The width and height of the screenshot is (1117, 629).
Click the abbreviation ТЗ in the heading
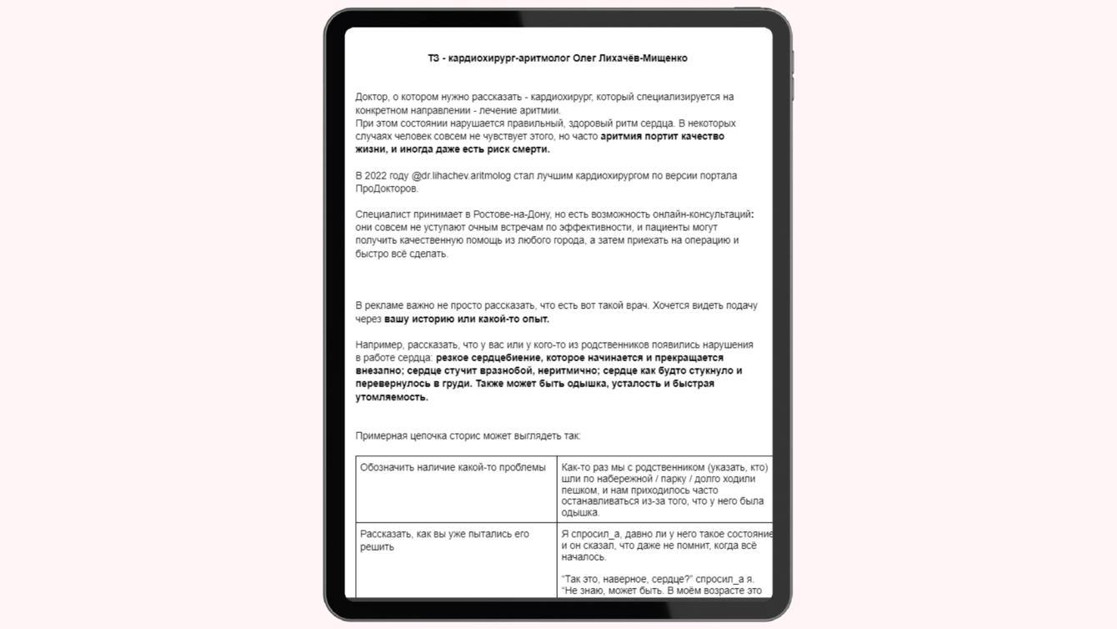(433, 58)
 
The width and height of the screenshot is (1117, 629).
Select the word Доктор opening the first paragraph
(372, 98)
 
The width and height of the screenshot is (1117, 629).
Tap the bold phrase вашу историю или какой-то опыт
(467, 319)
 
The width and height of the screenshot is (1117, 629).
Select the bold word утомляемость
(392, 397)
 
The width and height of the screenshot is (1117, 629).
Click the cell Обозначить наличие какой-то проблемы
(453, 468)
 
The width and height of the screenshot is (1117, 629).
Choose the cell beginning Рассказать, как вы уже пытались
(444, 540)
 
